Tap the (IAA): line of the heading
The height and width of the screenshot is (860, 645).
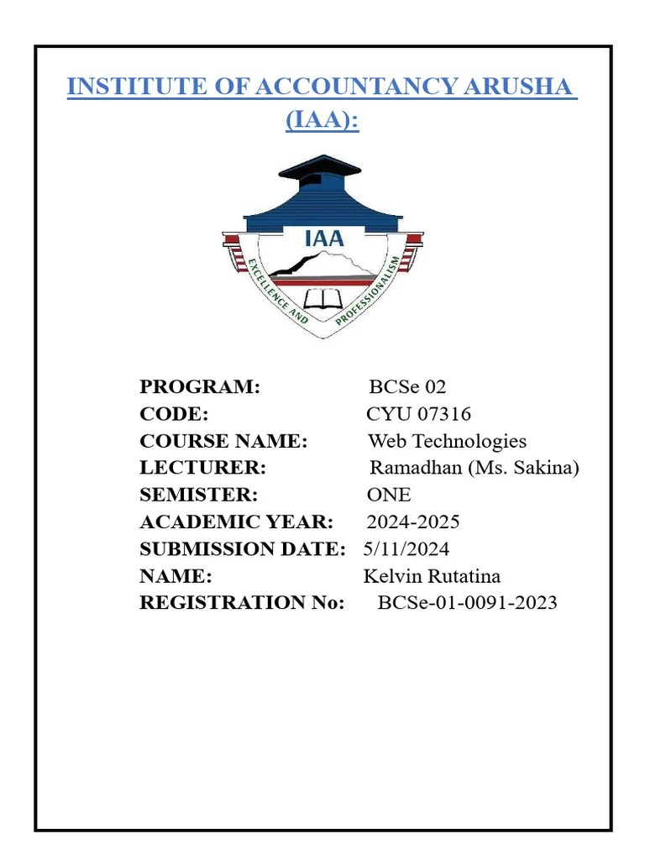tap(322, 120)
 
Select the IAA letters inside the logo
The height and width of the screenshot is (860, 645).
tap(323, 238)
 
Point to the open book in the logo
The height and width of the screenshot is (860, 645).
tap(322, 299)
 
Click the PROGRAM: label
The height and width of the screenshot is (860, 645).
tap(200, 387)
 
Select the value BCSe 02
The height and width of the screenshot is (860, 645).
tap(407, 387)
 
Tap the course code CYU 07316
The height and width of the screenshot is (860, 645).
tap(418, 414)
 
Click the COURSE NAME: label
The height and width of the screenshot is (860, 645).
tap(223, 441)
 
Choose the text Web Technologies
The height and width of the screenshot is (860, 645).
tap(447, 441)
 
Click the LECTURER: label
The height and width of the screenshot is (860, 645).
tap(202, 468)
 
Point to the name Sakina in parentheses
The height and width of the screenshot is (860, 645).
tap(540, 468)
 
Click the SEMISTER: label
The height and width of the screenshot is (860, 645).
tap(198, 495)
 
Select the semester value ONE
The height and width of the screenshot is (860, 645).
tap(389, 495)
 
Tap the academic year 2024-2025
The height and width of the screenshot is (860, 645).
tap(413, 522)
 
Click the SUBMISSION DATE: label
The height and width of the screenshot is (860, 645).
tap(242, 548)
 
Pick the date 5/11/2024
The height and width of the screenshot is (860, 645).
tap(406, 548)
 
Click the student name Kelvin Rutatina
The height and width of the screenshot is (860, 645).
tap(432, 575)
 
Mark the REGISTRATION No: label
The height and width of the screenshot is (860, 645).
tap(242, 602)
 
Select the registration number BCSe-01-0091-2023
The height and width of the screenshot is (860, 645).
tap(467, 602)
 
